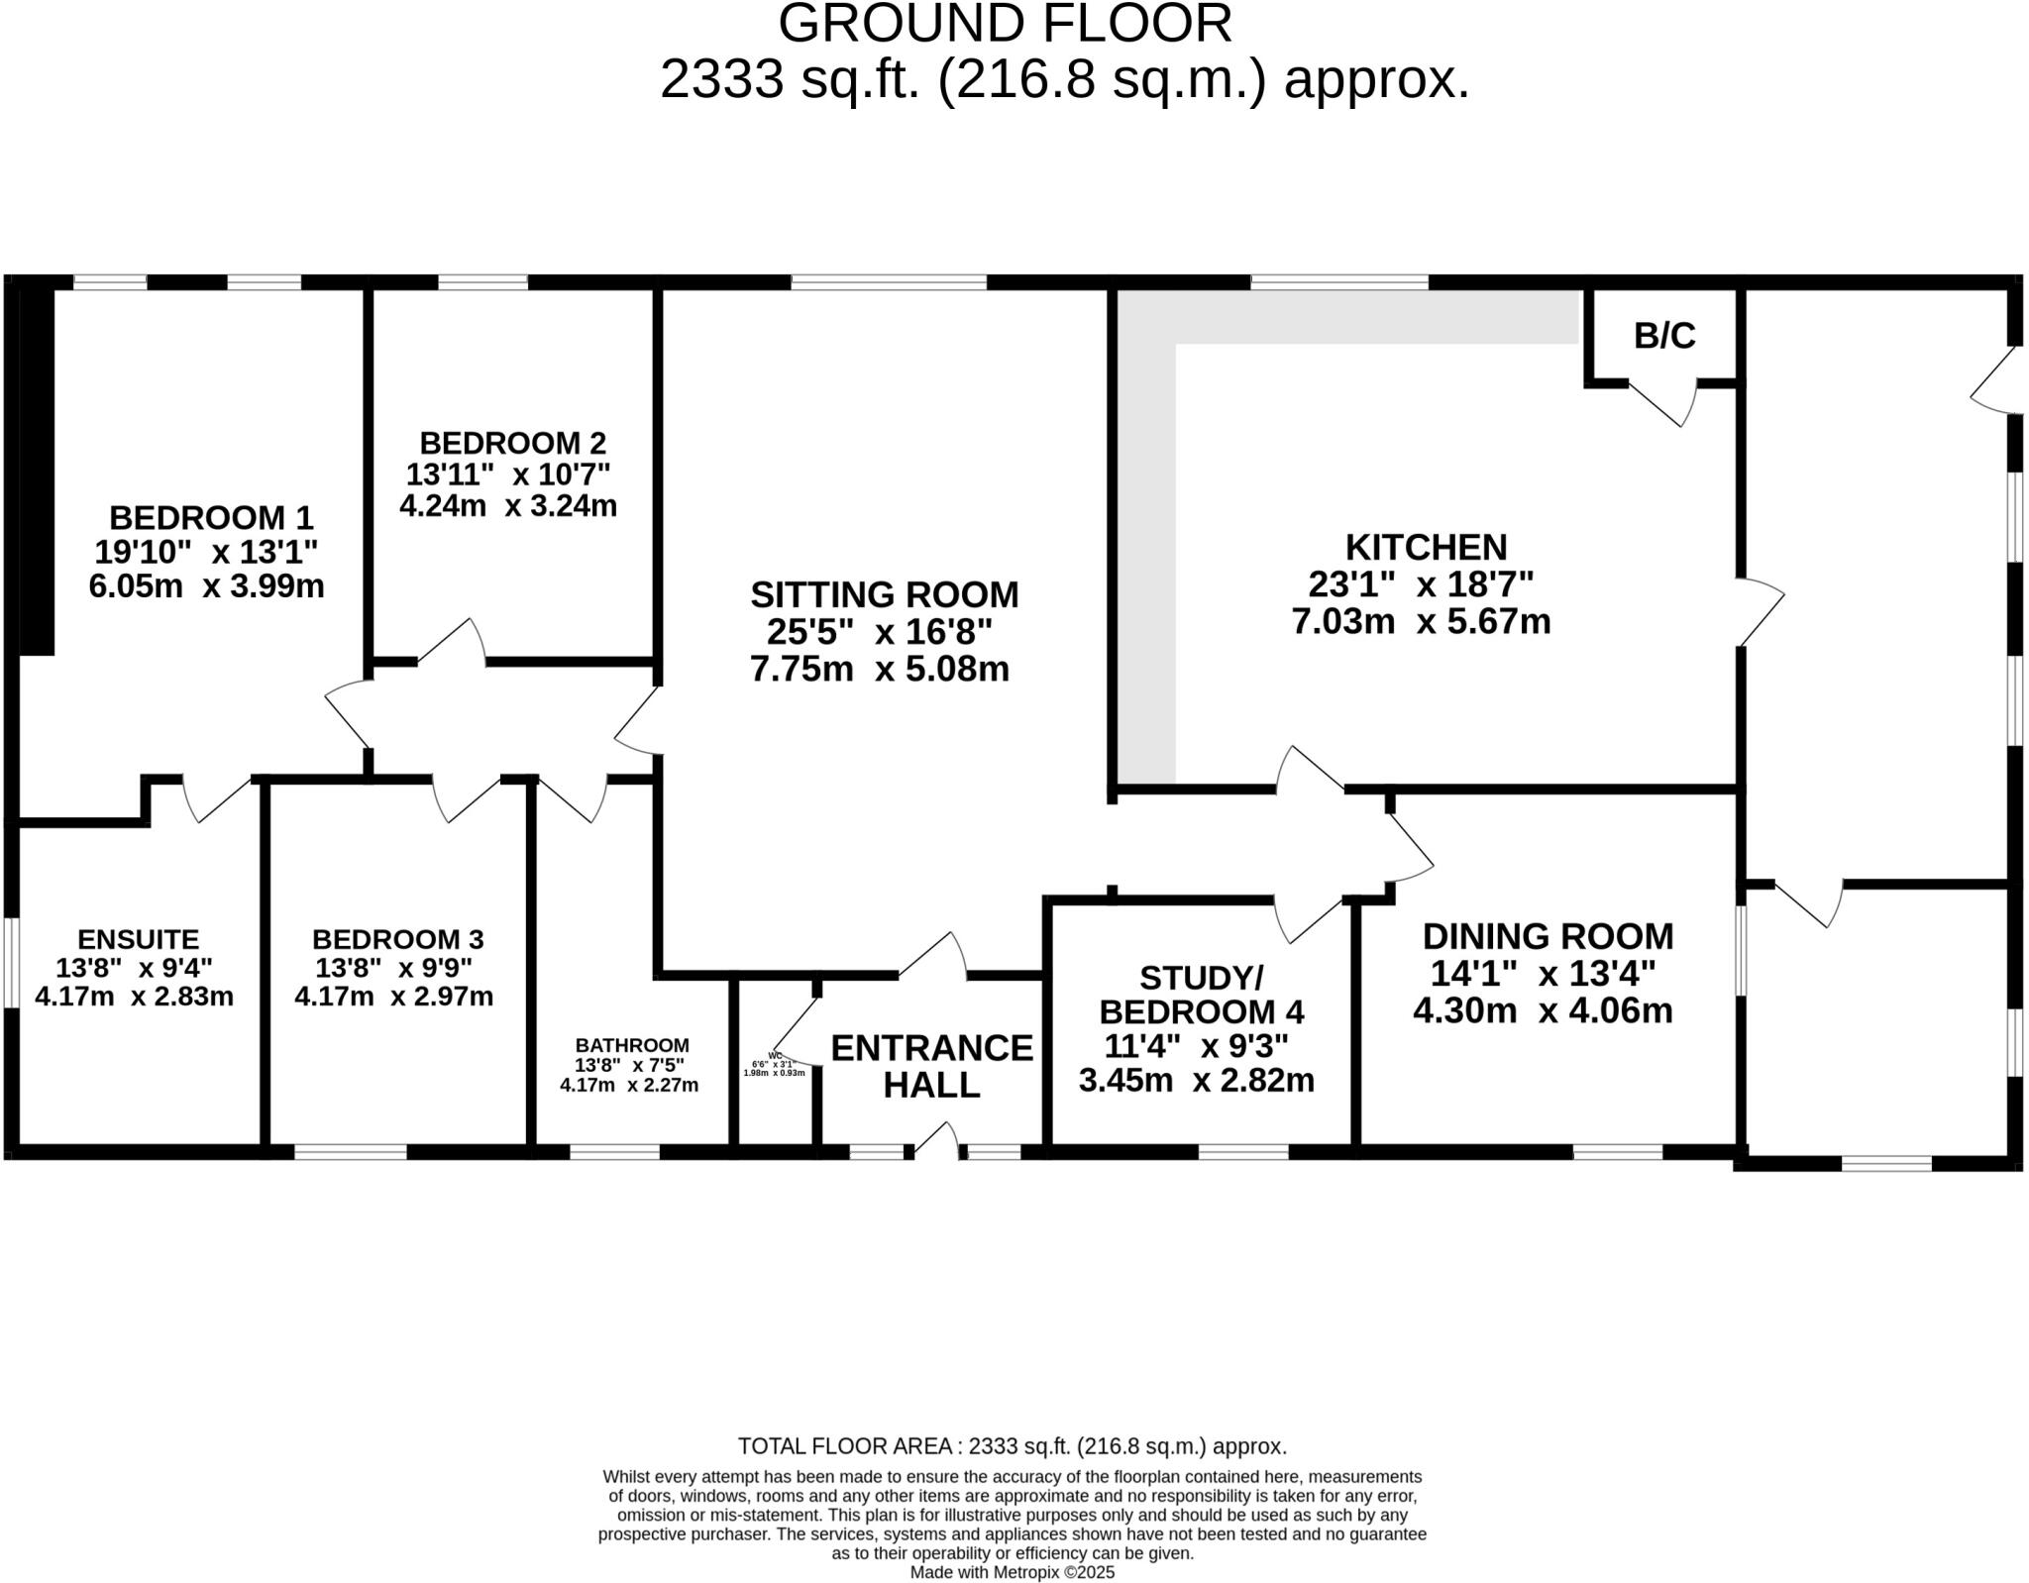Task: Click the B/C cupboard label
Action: coord(1663,337)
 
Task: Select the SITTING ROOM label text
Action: coord(884,594)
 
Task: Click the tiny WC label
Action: coord(775,1055)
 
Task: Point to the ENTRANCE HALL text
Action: coord(931,1066)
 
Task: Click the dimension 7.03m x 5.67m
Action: coord(1421,622)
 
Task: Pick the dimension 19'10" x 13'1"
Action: coord(206,552)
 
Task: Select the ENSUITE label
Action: coord(139,938)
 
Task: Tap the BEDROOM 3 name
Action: coord(397,938)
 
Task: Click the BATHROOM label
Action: coord(632,1045)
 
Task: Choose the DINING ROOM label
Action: coord(1548,936)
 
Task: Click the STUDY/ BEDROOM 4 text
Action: coord(1201,995)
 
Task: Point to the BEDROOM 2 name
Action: coord(512,442)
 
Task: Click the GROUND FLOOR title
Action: coord(1005,24)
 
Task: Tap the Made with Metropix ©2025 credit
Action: coord(1012,1572)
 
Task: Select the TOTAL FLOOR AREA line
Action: coord(1012,1446)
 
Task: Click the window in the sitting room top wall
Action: coord(889,282)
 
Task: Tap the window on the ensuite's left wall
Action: coord(11,963)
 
